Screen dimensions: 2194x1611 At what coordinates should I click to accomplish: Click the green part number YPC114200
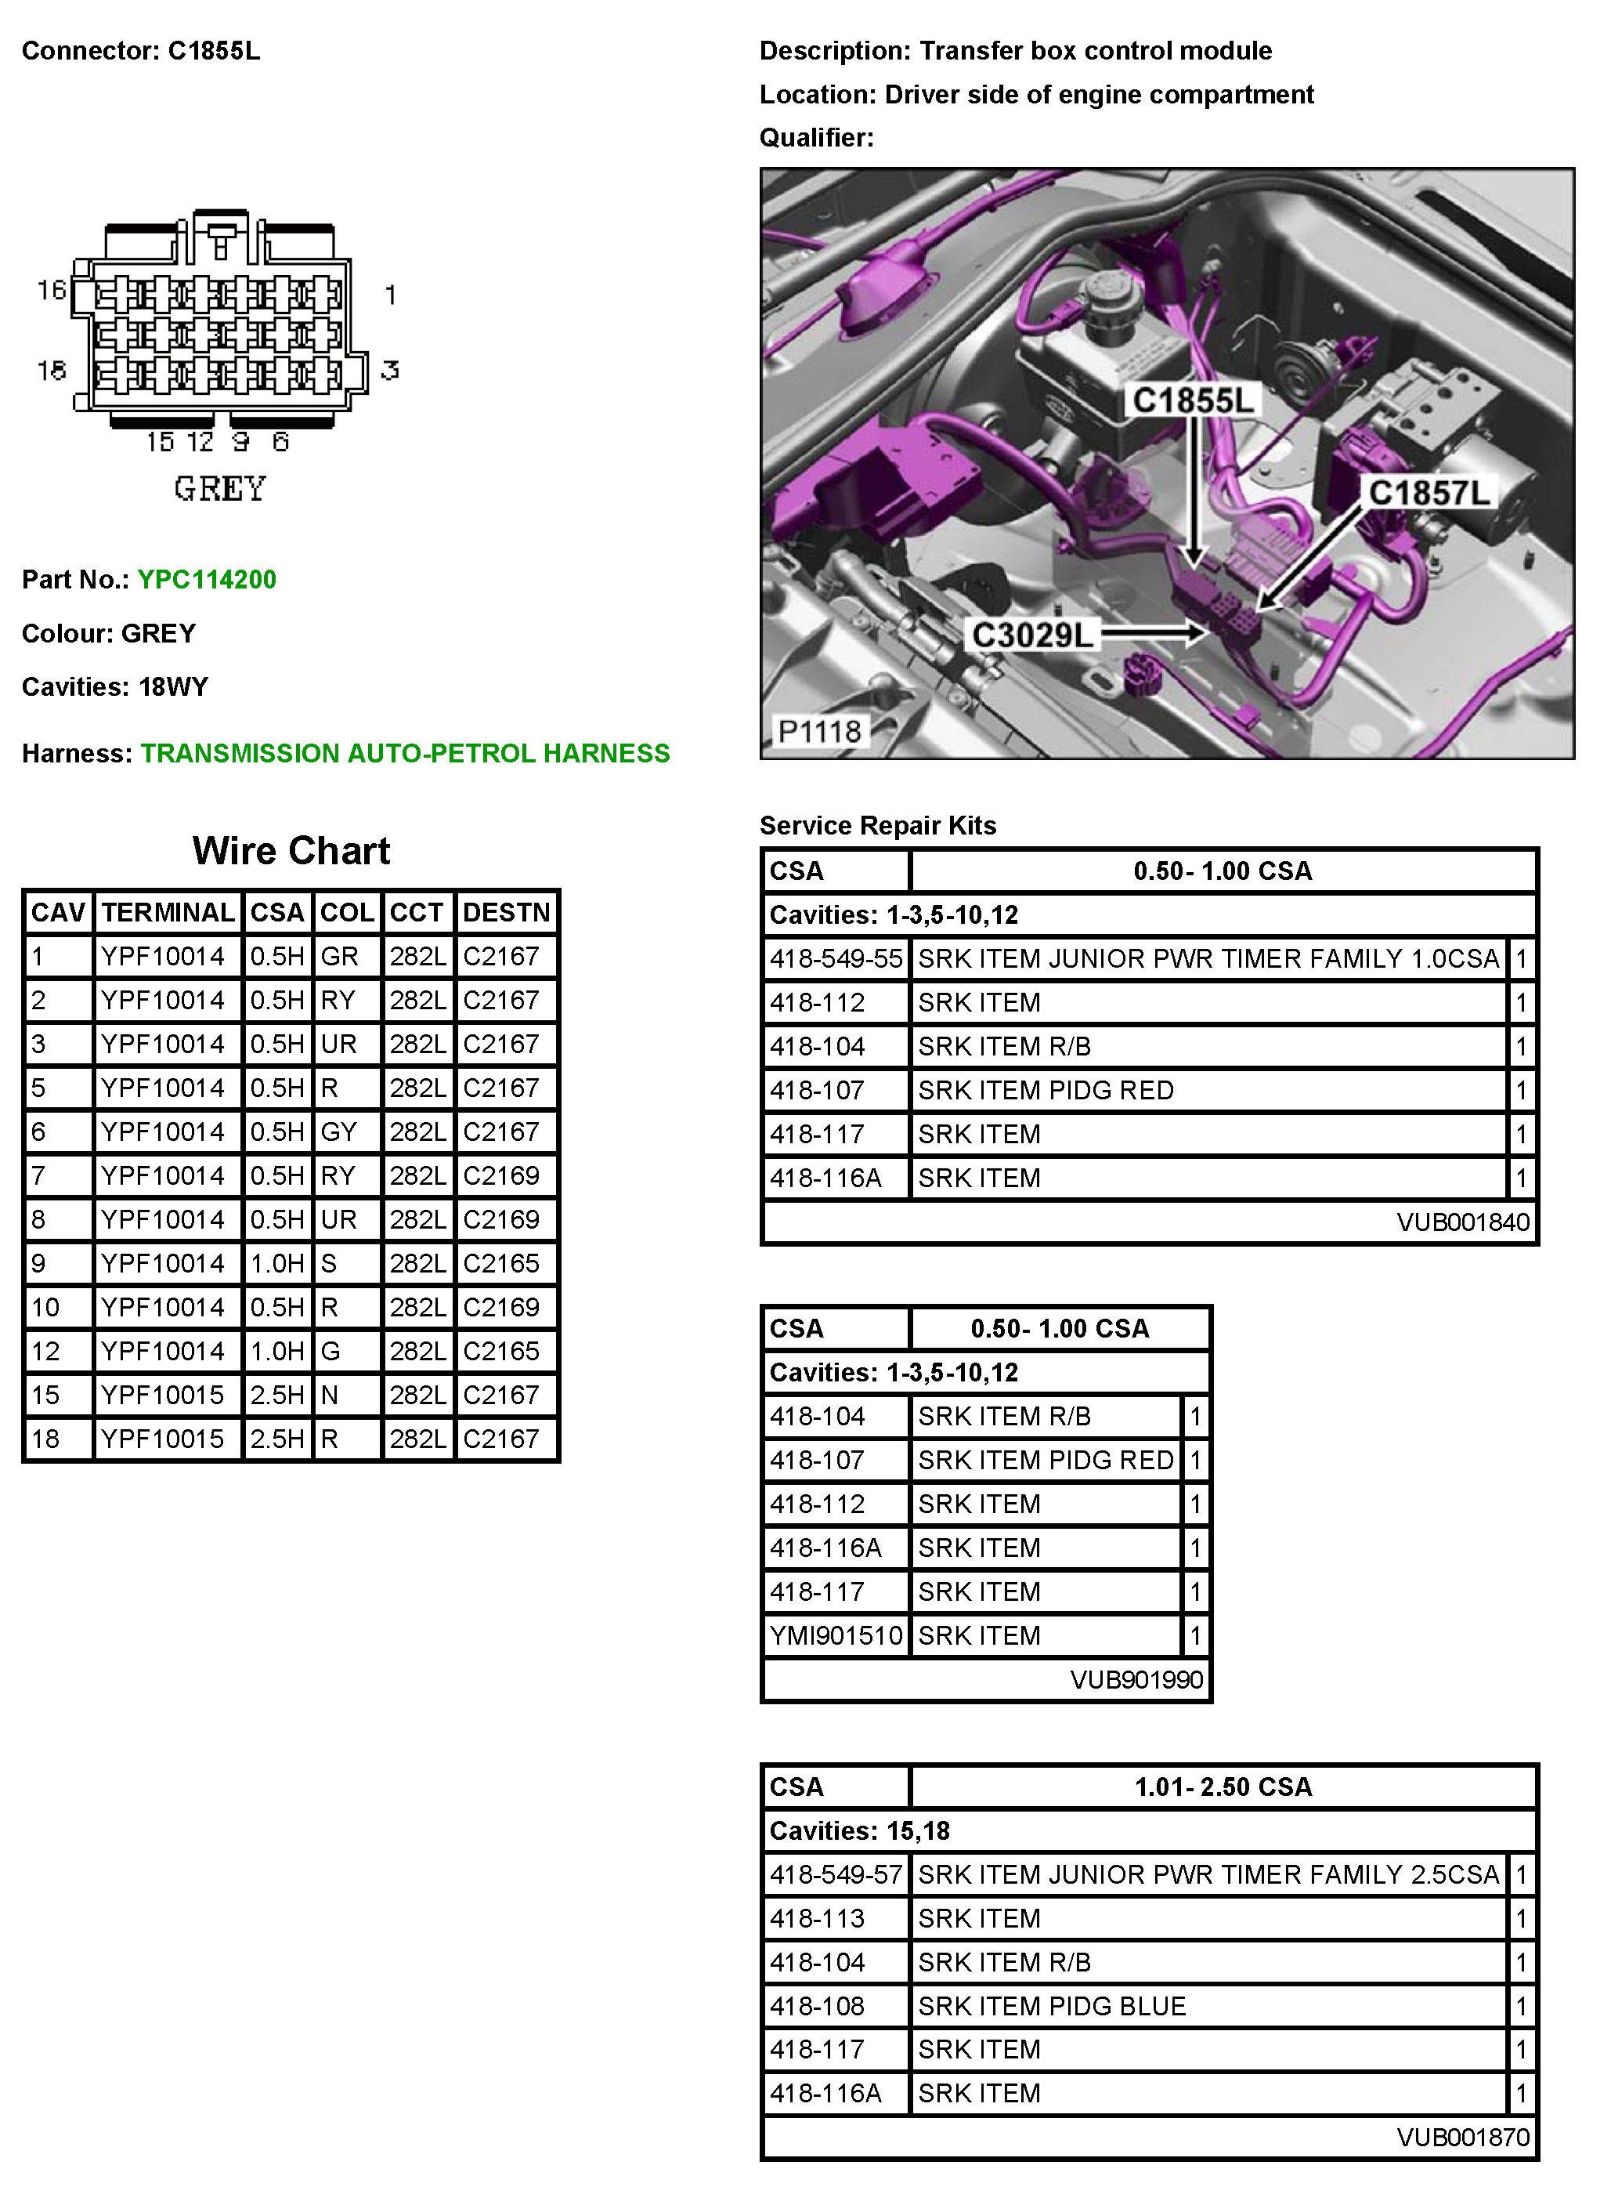pyautogui.click(x=207, y=580)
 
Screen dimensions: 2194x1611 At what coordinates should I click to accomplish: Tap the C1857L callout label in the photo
pyautogui.click(x=1429, y=493)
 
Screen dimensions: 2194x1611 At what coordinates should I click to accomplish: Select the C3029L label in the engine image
pyautogui.click(x=1033, y=635)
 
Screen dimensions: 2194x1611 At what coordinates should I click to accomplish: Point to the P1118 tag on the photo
pyautogui.click(x=819, y=731)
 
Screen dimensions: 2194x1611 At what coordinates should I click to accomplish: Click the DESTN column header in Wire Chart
pyautogui.click(x=506, y=912)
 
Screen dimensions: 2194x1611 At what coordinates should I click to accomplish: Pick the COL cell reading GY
pyautogui.click(x=338, y=1131)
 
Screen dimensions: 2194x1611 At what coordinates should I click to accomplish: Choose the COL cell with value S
pyautogui.click(x=330, y=1263)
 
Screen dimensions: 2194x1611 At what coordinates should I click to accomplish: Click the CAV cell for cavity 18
pyautogui.click(x=46, y=1439)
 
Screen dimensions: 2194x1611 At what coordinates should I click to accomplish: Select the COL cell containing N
pyautogui.click(x=330, y=1395)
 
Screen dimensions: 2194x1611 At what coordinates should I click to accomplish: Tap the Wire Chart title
pyautogui.click(x=291, y=851)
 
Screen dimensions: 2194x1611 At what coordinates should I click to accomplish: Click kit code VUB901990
pyautogui.click(x=1136, y=1679)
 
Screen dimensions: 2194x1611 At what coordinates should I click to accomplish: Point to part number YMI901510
pyautogui.click(x=836, y=1635)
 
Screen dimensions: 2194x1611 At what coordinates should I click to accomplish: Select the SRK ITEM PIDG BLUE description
pyautogui.click(x=1051, y=2006)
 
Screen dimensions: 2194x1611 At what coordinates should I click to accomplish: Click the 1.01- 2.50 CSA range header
pyautogui.click(x=1223, y=1787)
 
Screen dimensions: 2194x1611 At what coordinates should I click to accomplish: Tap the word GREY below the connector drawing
pyautogui.click(x=219, y=487)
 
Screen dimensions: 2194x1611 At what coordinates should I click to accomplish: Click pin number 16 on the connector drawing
pyautogui.click(x=52, y=290)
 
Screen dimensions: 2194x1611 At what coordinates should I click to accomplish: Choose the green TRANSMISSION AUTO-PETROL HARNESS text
pyautogui.click(x=405, y=753)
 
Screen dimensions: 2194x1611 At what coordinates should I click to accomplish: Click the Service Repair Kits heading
pyautogui.click(x=878, y=825)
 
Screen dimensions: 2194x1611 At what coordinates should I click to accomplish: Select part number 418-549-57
pyautogui.click(x=836, y=1874)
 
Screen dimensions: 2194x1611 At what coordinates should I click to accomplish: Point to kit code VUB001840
pyautogui.click(x=1463, y=1222)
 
